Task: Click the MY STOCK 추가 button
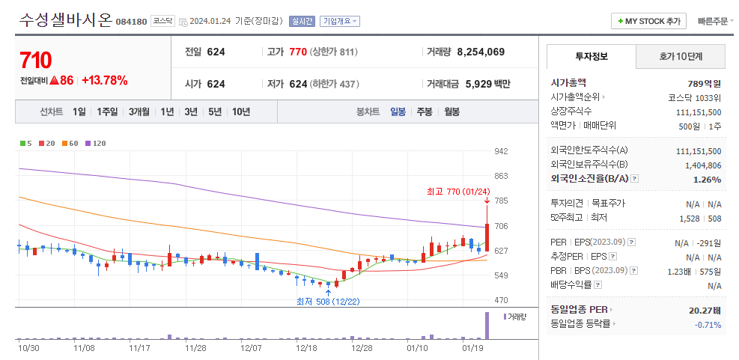[x=648, y=22]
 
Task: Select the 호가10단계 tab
[x=681, y=56]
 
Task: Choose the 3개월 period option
[x=140, y=112]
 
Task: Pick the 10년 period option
[x=241, y=112]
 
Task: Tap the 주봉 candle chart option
[x=425, y=112]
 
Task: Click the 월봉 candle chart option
[x=451, y=112]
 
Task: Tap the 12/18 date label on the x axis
[x=307, y=348]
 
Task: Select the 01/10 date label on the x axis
[x=418, y=348]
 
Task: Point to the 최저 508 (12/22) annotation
[x=328, y=301]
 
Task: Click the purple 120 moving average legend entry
[x=96, y=143]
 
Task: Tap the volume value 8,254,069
[x=480, y=52]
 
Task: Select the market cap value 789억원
[x=704, y=83]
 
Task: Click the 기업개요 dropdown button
[x=339, y=22]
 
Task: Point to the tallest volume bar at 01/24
[x=487, y=326]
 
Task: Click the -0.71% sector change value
[x=707, y=324]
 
